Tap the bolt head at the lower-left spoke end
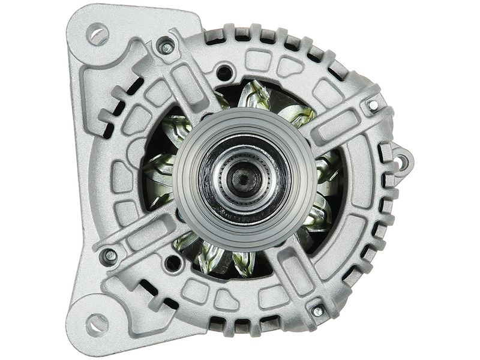[x=110, y=256]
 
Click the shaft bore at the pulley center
[x=242, y=179]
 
